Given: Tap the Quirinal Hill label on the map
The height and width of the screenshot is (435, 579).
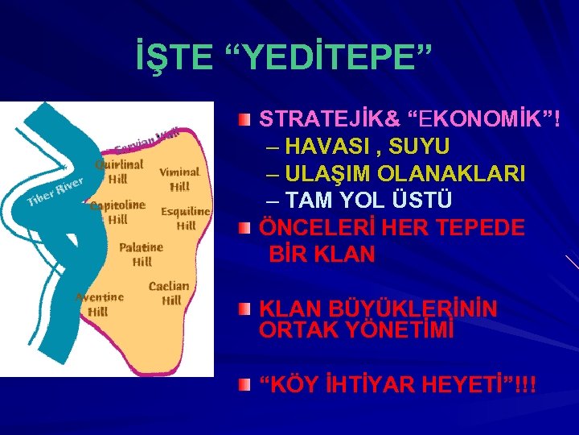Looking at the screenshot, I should tap(118, 171).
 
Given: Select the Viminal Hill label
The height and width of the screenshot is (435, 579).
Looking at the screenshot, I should tap(179, 179).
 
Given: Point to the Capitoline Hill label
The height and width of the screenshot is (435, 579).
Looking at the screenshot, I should tap(117, 212).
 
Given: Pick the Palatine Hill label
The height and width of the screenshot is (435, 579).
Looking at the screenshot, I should tap(141, 254).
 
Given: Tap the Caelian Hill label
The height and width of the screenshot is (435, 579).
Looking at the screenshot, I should tap(170, 293).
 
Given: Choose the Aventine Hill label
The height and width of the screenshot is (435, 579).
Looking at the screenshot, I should tap(99, 304).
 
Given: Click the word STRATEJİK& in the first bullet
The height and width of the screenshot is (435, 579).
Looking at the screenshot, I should tap(330, 120).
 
